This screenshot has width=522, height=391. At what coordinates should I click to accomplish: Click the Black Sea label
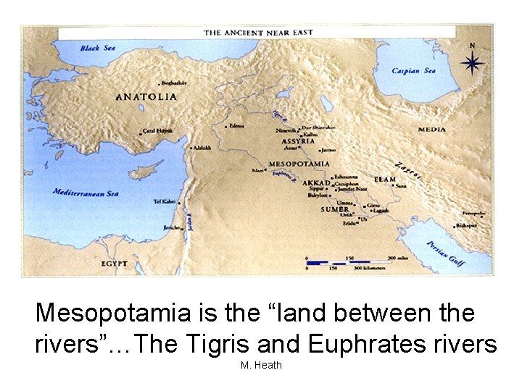pyautogui.click(x=98, y=48)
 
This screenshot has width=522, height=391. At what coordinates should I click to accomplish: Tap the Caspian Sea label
pyautogui.click(x=414, y=71)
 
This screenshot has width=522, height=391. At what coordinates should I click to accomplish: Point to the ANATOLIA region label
pyautogui.click(x=146, y=96)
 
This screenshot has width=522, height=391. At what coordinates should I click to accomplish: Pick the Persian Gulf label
pyautogui.click(x=445, y=253)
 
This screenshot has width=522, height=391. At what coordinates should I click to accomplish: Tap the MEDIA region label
pyautogui.click(x=432, y=130)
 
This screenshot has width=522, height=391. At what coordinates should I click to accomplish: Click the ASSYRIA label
pyautogui.click(x=297, y=141)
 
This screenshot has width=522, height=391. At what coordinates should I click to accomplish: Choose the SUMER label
pyautogui.click(x=335, y=209)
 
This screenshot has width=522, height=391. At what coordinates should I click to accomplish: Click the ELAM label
pyautogui.click(x=385, y=179)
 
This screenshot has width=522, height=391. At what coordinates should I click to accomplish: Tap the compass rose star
pyautogui.click(x=473, y=64)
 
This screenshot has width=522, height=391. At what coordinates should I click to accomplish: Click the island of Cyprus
pyautogui.click(x=150, y=170)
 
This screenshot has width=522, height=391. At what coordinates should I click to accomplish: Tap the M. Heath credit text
pyautogui.click(x=260, y=366)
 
